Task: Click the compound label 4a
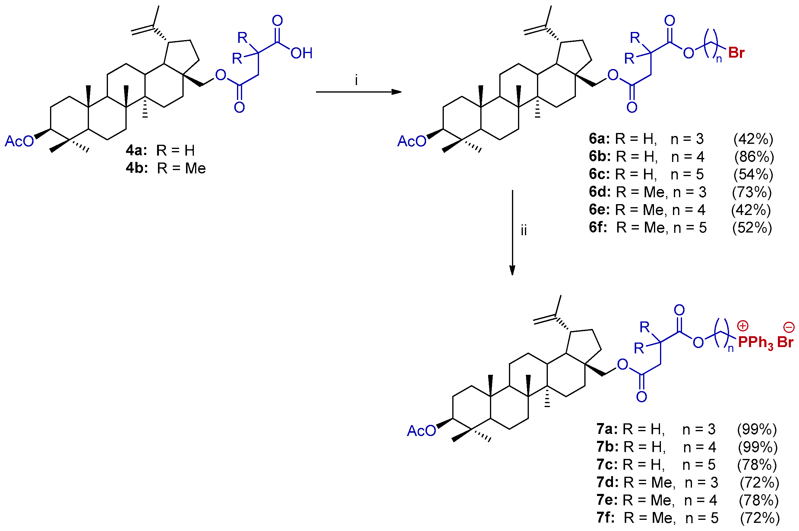136,150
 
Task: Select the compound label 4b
137,168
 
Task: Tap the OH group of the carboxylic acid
301,53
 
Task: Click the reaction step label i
356,81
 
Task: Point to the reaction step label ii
524,231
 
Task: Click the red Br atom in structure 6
736,53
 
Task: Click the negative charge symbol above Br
789,327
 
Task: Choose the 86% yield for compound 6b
754,157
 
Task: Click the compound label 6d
600,192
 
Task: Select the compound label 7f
605,518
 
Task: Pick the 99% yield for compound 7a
757,429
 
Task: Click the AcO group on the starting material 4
19,141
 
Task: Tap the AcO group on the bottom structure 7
421,431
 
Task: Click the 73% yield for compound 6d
752,192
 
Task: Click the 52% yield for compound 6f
752,228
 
